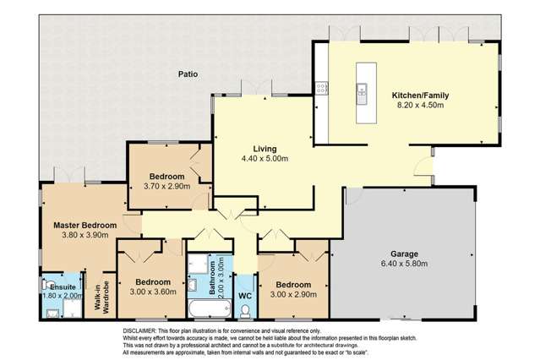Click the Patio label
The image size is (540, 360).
(188, 74)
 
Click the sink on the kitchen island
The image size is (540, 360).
(361, 87)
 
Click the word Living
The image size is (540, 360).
(265, 149)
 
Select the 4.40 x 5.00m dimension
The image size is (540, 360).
(265, 159)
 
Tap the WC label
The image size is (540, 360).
(245, 296)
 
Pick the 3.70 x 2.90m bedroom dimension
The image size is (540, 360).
(169, 186)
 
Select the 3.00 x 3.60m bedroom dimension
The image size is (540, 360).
(155, 292)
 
